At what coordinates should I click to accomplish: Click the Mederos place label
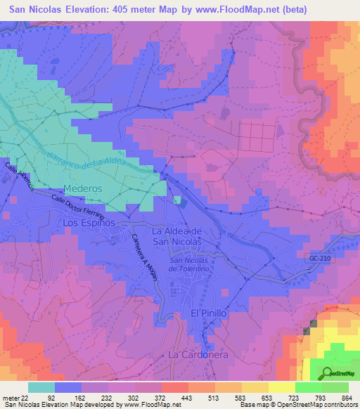point(83,189)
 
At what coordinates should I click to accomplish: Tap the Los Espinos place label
point(89,222)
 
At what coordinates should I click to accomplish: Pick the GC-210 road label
point(319,259)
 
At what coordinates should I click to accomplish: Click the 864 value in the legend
point(345,398)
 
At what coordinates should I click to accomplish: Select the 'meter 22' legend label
point(15,398)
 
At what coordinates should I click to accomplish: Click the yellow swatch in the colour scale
point(282,387)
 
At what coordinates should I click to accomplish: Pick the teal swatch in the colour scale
point(41,387)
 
